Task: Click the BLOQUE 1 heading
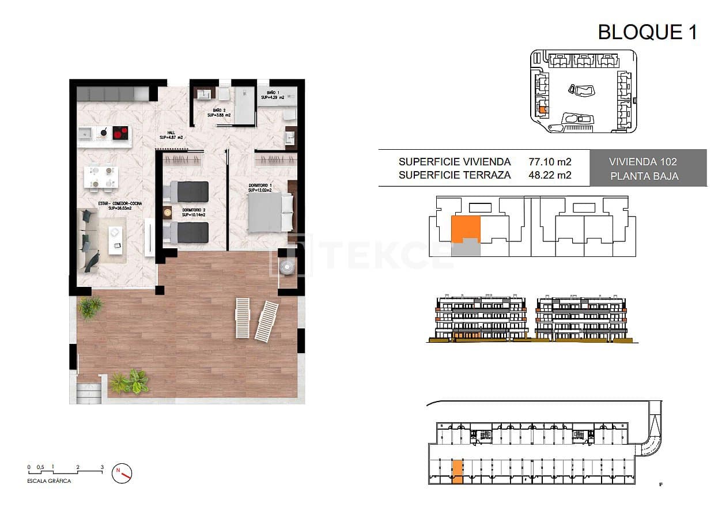648,32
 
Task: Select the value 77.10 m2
550,162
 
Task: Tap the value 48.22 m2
550,175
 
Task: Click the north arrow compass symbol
123,473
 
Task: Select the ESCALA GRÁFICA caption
50,481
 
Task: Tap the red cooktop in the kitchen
120,133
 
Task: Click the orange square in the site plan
545,108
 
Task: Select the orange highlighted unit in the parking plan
457,471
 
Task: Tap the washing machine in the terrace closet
286,266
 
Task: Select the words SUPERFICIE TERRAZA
455,175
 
